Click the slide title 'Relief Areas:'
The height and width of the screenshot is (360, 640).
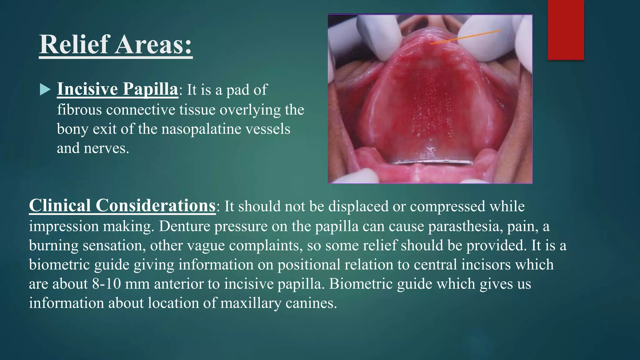116,44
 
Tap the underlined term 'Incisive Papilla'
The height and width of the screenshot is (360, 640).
117,89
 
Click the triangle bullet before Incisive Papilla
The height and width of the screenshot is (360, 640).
45,90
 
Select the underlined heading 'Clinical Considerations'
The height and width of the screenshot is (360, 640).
122,206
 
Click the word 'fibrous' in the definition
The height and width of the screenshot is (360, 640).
79,110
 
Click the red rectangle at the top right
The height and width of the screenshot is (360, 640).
566,30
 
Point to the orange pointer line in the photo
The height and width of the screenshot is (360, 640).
466,37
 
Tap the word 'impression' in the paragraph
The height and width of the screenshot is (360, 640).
64,226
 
